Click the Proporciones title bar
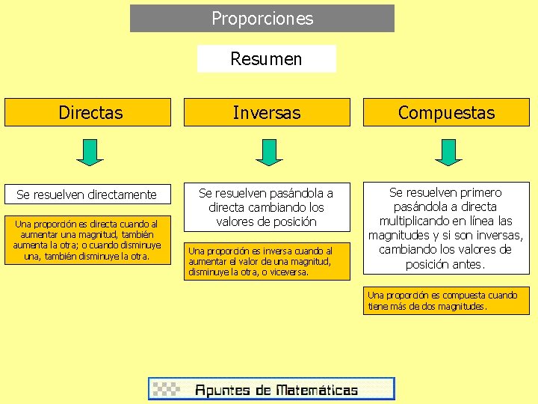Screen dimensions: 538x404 coord(262,19)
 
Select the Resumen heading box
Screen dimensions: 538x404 coord(266,59)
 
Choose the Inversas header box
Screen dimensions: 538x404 coord(267,113)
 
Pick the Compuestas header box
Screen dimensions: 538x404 coord(446,113)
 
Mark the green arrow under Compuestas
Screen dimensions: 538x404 coord(448,151)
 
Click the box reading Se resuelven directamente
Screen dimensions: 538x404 coord(87,195)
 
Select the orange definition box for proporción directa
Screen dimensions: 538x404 coord(87,239)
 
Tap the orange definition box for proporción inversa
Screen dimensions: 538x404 coord(267,260)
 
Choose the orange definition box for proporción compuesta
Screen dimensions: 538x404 coord(446,300)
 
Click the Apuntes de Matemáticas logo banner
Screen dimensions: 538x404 coord(271,389)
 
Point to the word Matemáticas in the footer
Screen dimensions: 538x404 coord(317,390)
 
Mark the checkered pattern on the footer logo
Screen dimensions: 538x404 coord(167,389)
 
